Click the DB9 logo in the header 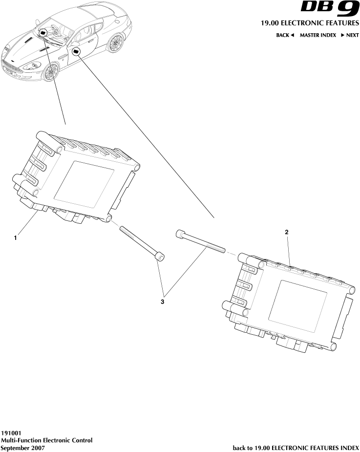tap(330, 9)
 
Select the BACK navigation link tap(285, 35)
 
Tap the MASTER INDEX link tap(318, 35)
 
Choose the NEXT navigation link tap(350, 35)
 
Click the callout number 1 tap(16, 238)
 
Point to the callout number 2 tap(287, 233)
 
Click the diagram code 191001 tap(11, 433)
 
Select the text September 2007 tap(23, 448)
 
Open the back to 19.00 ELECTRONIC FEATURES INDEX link tap(296, 448)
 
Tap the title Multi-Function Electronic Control tap(46, 440)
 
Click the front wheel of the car tap(51, 72)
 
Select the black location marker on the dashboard tap(43, 33)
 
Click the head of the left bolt tap(159, 257)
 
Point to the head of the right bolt tap(180, 235)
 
